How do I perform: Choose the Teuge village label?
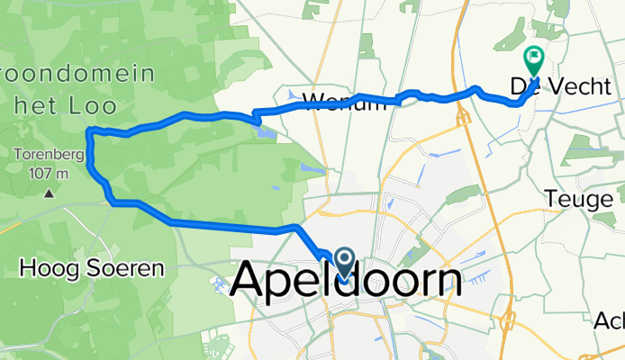(x=584, y=197)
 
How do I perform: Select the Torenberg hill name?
(x=49, y=155)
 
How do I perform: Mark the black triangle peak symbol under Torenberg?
(x=49, y=192)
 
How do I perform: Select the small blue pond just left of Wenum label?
(x=293, y=92)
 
